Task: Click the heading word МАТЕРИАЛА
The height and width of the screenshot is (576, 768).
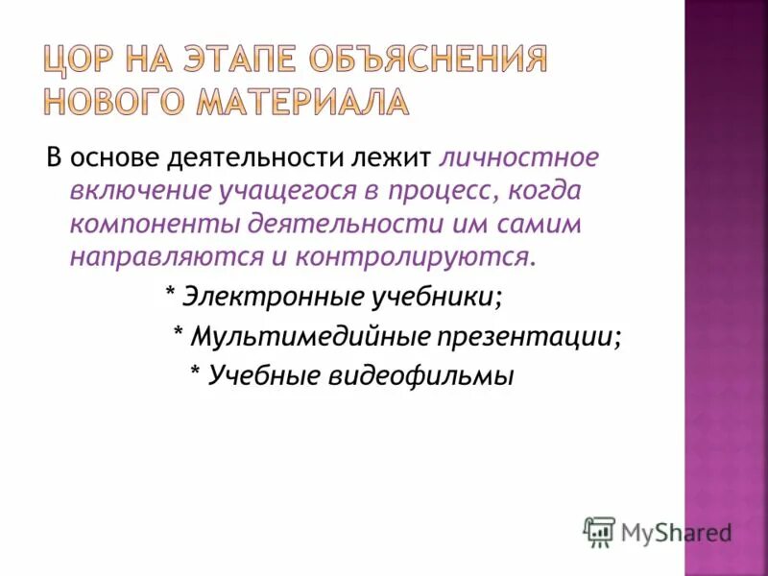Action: [x=311, y=100]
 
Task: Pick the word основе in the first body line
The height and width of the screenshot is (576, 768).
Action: [x=117, y=156]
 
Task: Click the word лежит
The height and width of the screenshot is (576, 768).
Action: [x=395, y=156]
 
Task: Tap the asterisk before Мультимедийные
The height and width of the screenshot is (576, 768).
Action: [x=178, y=332]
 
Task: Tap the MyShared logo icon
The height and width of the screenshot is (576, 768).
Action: [x=599, y=531]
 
